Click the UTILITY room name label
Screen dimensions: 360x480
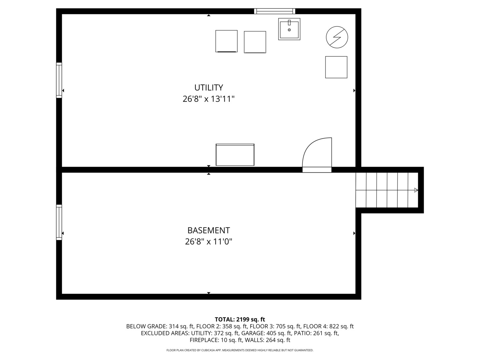point(209,88)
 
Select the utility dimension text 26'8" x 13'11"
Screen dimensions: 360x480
point(209,99)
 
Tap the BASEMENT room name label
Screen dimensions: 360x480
point(209,230)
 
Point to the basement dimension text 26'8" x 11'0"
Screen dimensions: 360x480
point(209,242)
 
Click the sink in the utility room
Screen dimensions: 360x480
point(289,29)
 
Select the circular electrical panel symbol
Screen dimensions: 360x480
point(337,37)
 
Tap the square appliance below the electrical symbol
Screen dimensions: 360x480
point(336,67)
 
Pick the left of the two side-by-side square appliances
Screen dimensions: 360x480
point(226,41)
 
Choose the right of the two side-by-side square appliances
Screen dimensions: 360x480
point(255,42)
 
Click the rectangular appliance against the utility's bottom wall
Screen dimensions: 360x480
point(235,155)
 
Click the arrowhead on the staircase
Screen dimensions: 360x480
point(416,190)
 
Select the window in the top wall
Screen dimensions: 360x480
point(275,11)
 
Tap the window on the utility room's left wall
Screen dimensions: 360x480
point(59,80)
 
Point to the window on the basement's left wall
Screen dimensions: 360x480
point(59,222)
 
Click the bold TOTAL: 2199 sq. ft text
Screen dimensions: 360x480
point(240,319)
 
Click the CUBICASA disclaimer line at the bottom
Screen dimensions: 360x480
point(240,350)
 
